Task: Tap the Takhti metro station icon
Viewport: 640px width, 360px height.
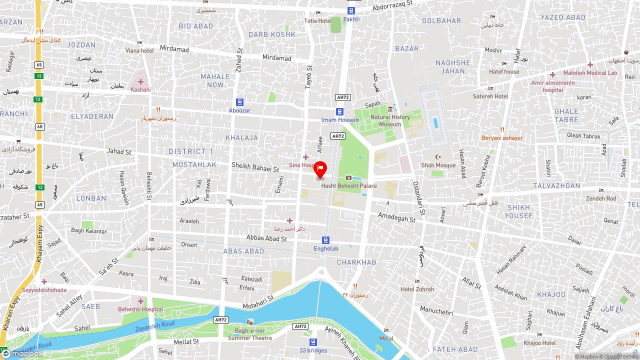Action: [x=351, y=10]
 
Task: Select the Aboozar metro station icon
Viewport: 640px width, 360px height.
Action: [x=239, y=102]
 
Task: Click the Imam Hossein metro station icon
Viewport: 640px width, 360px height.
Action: [x=339, y=111]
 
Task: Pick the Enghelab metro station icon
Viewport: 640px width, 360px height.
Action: [x=325, y=240]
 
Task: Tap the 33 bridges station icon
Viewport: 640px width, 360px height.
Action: [x=313, y=342]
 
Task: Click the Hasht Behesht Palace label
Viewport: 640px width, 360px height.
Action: [x=349, y=185]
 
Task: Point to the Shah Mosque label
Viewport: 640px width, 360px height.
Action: [x=438, y=165]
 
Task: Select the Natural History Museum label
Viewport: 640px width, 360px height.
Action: [x=390, y=120]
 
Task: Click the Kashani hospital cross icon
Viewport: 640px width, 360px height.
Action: [x=140, y=81]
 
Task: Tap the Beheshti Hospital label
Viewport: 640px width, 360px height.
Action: [x=140, y=309]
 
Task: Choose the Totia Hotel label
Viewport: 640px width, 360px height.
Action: [x=318, y=20]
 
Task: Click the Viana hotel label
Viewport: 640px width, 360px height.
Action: [x=139, y=50]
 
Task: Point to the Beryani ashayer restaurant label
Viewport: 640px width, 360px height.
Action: [x=502, y=137]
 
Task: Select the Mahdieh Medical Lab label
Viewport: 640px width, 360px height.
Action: [x=590, y=73]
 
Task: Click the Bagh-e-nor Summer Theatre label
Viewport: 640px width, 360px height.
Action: [x=250, y=334]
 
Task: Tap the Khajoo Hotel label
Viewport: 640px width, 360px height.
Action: [x=539, y=343]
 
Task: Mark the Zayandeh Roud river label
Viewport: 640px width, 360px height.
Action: [x=154, y=327]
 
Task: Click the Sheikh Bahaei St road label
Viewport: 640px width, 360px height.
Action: [x=255, y=166]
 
